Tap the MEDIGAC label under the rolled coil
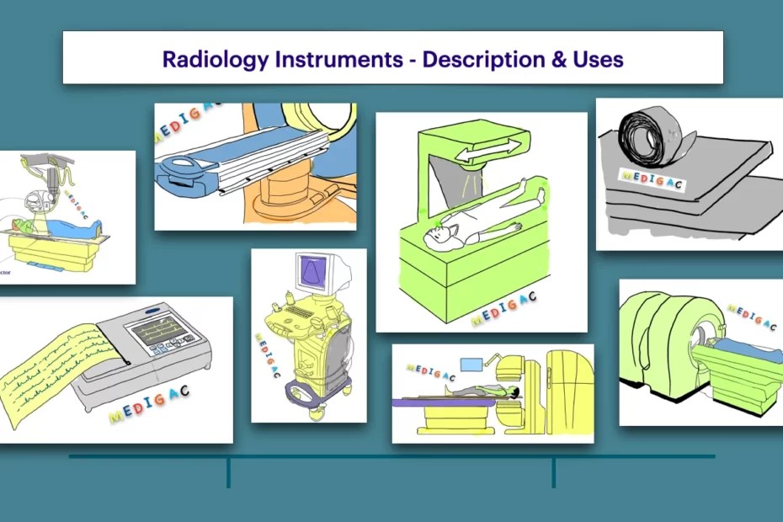click(650, 178)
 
